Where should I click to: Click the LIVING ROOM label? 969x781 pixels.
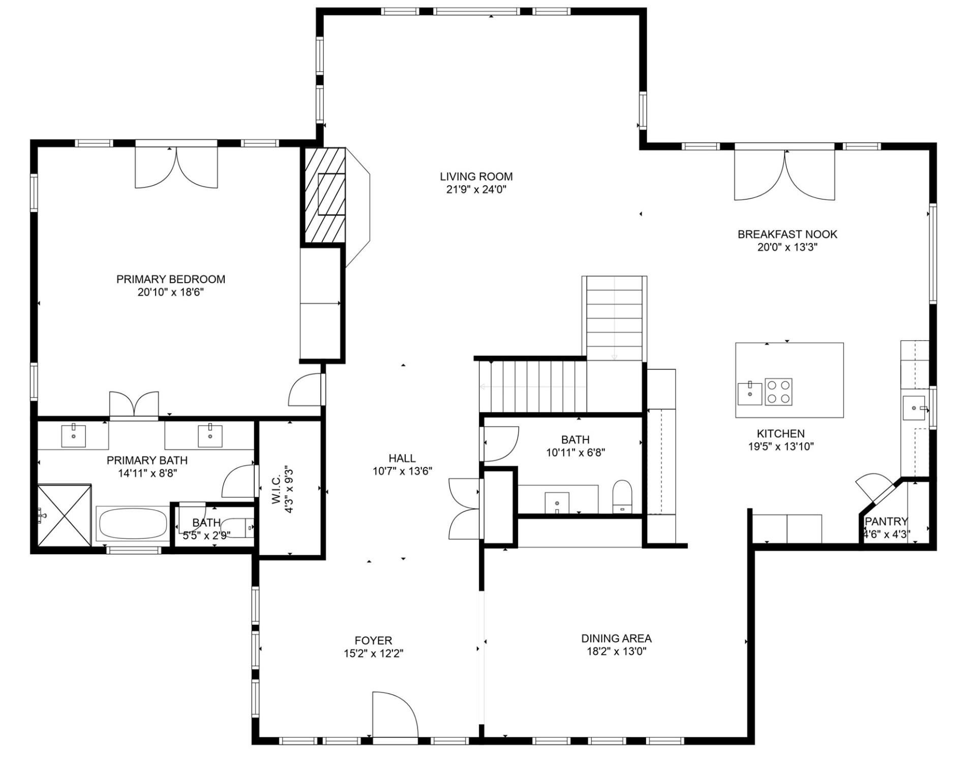pos(476,176)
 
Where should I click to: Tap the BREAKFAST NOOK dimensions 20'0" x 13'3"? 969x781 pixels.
pos(787,248)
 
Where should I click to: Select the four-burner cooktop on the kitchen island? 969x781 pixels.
pos(778,392)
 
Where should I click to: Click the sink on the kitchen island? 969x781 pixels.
pos(749,393)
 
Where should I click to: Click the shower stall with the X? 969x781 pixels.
pos(65,515)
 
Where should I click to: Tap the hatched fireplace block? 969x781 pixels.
pos(325,195)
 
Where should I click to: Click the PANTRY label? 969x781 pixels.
pos(886,521)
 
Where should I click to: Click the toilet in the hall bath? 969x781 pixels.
pos(622,495)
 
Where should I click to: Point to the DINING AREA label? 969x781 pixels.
pos(616,638)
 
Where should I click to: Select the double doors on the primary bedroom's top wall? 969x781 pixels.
pos(176,168)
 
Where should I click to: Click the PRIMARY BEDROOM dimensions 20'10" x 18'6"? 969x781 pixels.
pos(170,292)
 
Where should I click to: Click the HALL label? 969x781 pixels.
pos(402,458)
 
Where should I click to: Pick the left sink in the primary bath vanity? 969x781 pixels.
pos(74,436)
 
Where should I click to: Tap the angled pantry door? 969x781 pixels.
pos(874,488)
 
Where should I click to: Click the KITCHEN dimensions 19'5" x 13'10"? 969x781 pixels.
pos(780,447)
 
